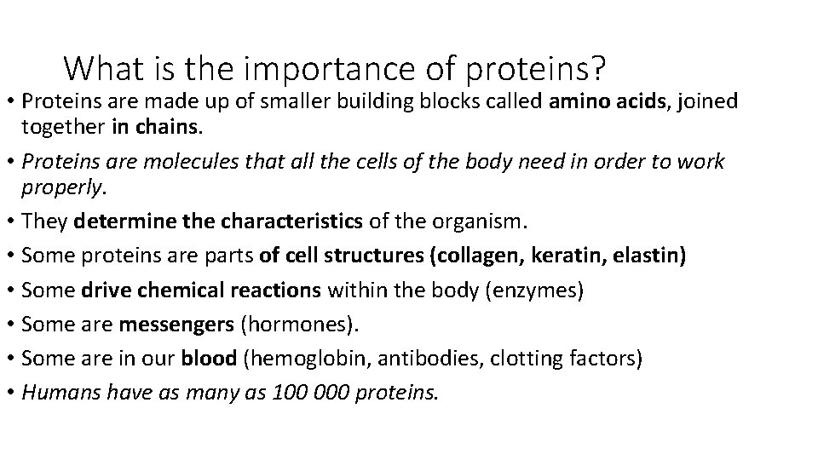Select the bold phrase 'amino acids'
coord(599,101)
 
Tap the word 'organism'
coord(482,222)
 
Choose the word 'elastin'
coord(652,256)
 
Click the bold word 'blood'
coord(209,359)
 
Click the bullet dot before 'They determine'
coord(11,222)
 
